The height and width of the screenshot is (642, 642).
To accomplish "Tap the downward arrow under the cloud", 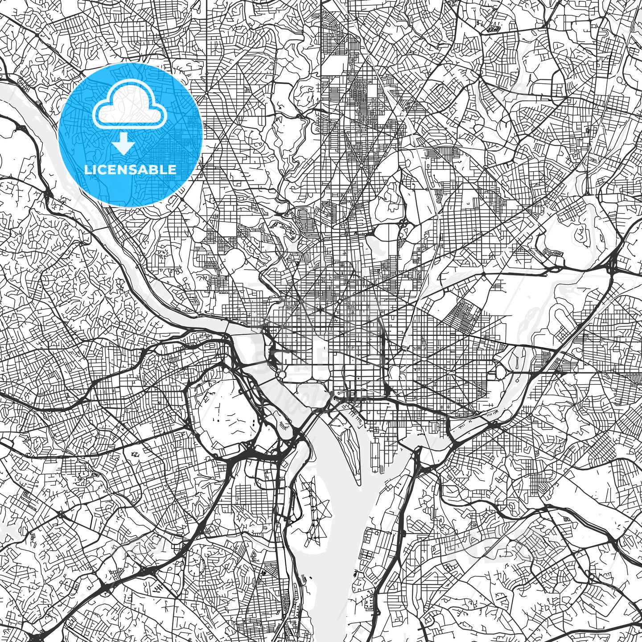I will click(123, 144).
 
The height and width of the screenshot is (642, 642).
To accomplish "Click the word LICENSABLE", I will click(130, 169).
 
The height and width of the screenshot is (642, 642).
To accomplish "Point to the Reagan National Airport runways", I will click(312, 513).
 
